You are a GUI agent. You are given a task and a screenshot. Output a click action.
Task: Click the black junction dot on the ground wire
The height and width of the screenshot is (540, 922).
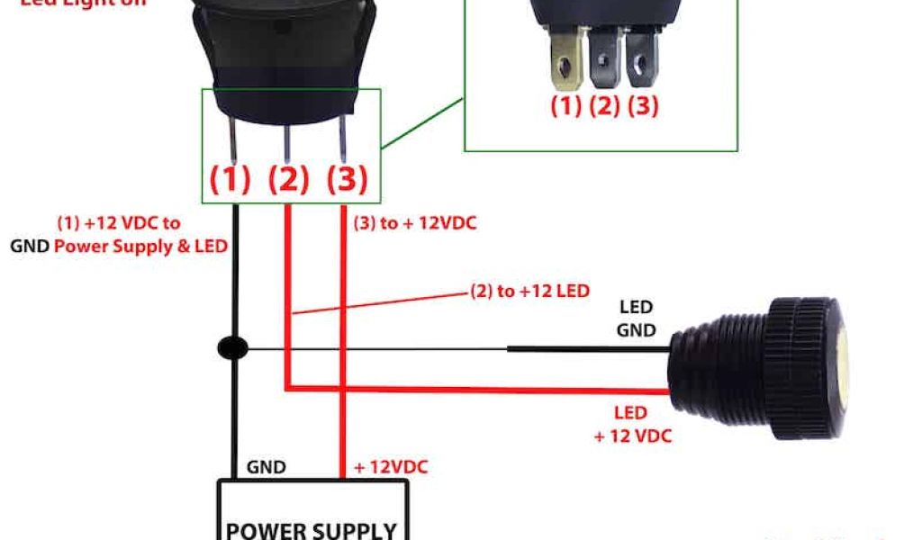pyautogui.click(x=233, y=347)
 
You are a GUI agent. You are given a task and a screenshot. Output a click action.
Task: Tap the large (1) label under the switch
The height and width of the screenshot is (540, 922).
pyautogui.click(x=230, y=180)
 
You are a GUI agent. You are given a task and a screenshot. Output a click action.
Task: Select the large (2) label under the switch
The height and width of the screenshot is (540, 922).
pyautogui.click(x=288, y=180)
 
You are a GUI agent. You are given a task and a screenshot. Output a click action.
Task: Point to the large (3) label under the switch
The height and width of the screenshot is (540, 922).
pyautogui.click(x=347, y=180)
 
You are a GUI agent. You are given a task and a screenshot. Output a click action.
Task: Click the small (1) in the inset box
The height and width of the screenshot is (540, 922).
pyautogui.click(x=565, y=106)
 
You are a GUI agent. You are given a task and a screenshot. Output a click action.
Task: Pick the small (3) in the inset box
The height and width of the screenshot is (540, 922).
pyautogui.click(x=642, y=106)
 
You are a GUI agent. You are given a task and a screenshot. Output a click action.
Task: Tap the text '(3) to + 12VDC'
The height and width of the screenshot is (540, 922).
pyautogui.click(x=414, y=223)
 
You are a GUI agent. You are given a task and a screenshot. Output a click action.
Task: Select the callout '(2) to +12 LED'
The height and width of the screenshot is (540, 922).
pyautogui.click(x=529, y=291)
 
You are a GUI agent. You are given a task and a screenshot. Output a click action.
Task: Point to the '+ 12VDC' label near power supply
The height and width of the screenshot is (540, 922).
pyautogui.click(x=390, y=467)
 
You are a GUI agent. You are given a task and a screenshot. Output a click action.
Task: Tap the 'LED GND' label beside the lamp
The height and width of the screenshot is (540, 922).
pyautogui.click(x=636, y=319)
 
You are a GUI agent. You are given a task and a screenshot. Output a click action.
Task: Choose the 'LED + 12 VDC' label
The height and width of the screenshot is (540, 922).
pyautogui.click(x=633, y=425)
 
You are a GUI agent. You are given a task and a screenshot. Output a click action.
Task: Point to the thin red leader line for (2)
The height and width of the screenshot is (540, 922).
pyautogui.click(x=378, y=301)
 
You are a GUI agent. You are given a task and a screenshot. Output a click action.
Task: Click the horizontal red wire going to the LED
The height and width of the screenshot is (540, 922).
pyautogui.click(x=477, y=389)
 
